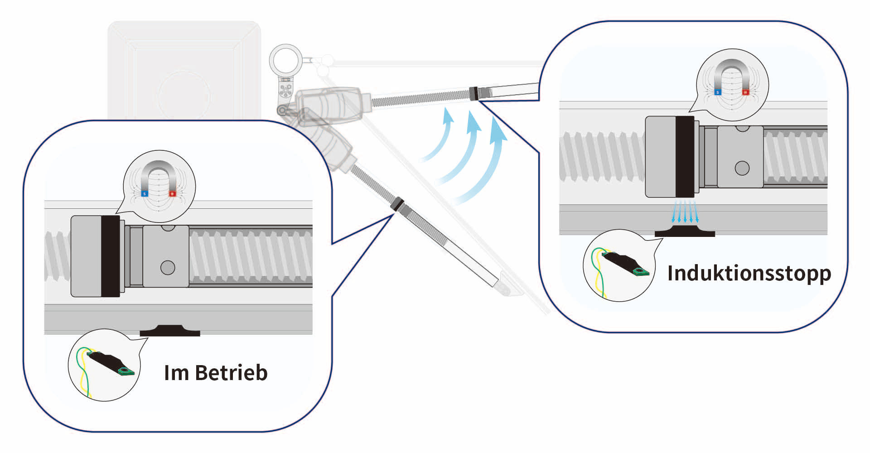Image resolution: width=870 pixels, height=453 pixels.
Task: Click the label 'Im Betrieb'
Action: [216, 373]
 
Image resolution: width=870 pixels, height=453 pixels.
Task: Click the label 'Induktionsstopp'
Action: [749, 273]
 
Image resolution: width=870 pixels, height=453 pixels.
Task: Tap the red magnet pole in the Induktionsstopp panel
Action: [745, 92]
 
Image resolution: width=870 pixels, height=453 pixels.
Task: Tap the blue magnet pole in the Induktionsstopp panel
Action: [717, 92]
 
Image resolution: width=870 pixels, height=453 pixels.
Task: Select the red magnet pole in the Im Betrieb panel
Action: [172, 193]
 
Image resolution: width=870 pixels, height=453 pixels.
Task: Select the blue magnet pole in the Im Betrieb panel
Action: [145, 193]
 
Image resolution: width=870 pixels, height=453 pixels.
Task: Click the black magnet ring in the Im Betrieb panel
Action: [110, 256]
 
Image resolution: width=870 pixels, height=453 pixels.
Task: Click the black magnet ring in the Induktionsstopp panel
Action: [685, 156]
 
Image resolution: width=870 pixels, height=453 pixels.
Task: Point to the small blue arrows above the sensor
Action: [685, 212]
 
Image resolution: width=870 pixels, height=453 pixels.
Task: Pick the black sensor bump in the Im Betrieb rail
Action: [170, 331]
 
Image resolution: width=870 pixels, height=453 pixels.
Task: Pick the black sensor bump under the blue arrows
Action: [685, 231]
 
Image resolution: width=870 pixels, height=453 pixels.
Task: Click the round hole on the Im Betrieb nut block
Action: [168, 268]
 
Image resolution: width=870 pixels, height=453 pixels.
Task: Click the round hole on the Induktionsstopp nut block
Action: [742, 169]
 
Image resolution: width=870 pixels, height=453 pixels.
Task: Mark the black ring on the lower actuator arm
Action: [397, 203]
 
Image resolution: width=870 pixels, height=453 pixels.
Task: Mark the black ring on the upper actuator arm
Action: [474, 93]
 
